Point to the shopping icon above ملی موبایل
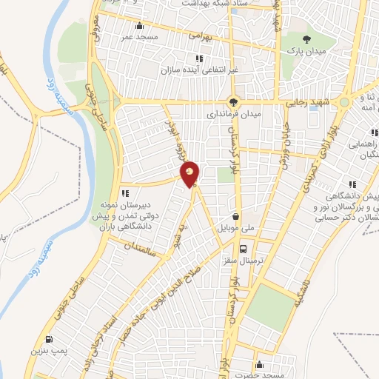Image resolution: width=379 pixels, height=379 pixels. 235,218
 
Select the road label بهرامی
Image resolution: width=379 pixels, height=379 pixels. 201,35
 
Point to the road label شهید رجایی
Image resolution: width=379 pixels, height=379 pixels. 302,104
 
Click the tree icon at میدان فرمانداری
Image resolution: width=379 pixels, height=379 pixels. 234,103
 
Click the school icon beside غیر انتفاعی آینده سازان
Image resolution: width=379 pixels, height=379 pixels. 198,58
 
